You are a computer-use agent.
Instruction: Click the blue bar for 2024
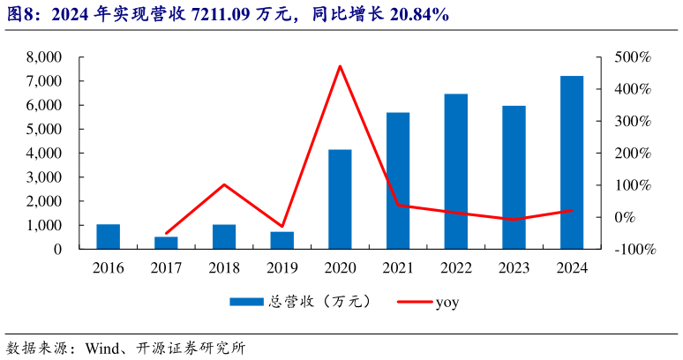point(572,162)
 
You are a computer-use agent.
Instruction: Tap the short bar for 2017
point(166,243)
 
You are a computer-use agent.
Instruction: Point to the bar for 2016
point(108,236)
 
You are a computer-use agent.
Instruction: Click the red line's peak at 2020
point(340,66)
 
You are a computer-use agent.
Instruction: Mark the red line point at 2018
point(224,184)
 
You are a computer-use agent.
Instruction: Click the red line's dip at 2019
point(282,227)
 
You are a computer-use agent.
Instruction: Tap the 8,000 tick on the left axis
point(44,57)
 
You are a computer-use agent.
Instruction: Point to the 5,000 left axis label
point(44,130)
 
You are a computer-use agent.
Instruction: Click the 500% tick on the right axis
point(633,57)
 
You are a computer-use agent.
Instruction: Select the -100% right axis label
point(635,250)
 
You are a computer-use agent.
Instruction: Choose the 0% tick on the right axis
point(625,217)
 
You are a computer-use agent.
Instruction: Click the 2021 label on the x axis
point(398,267)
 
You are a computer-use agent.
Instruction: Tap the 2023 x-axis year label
point(514,267)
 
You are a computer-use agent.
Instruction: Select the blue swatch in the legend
point(247,302)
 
